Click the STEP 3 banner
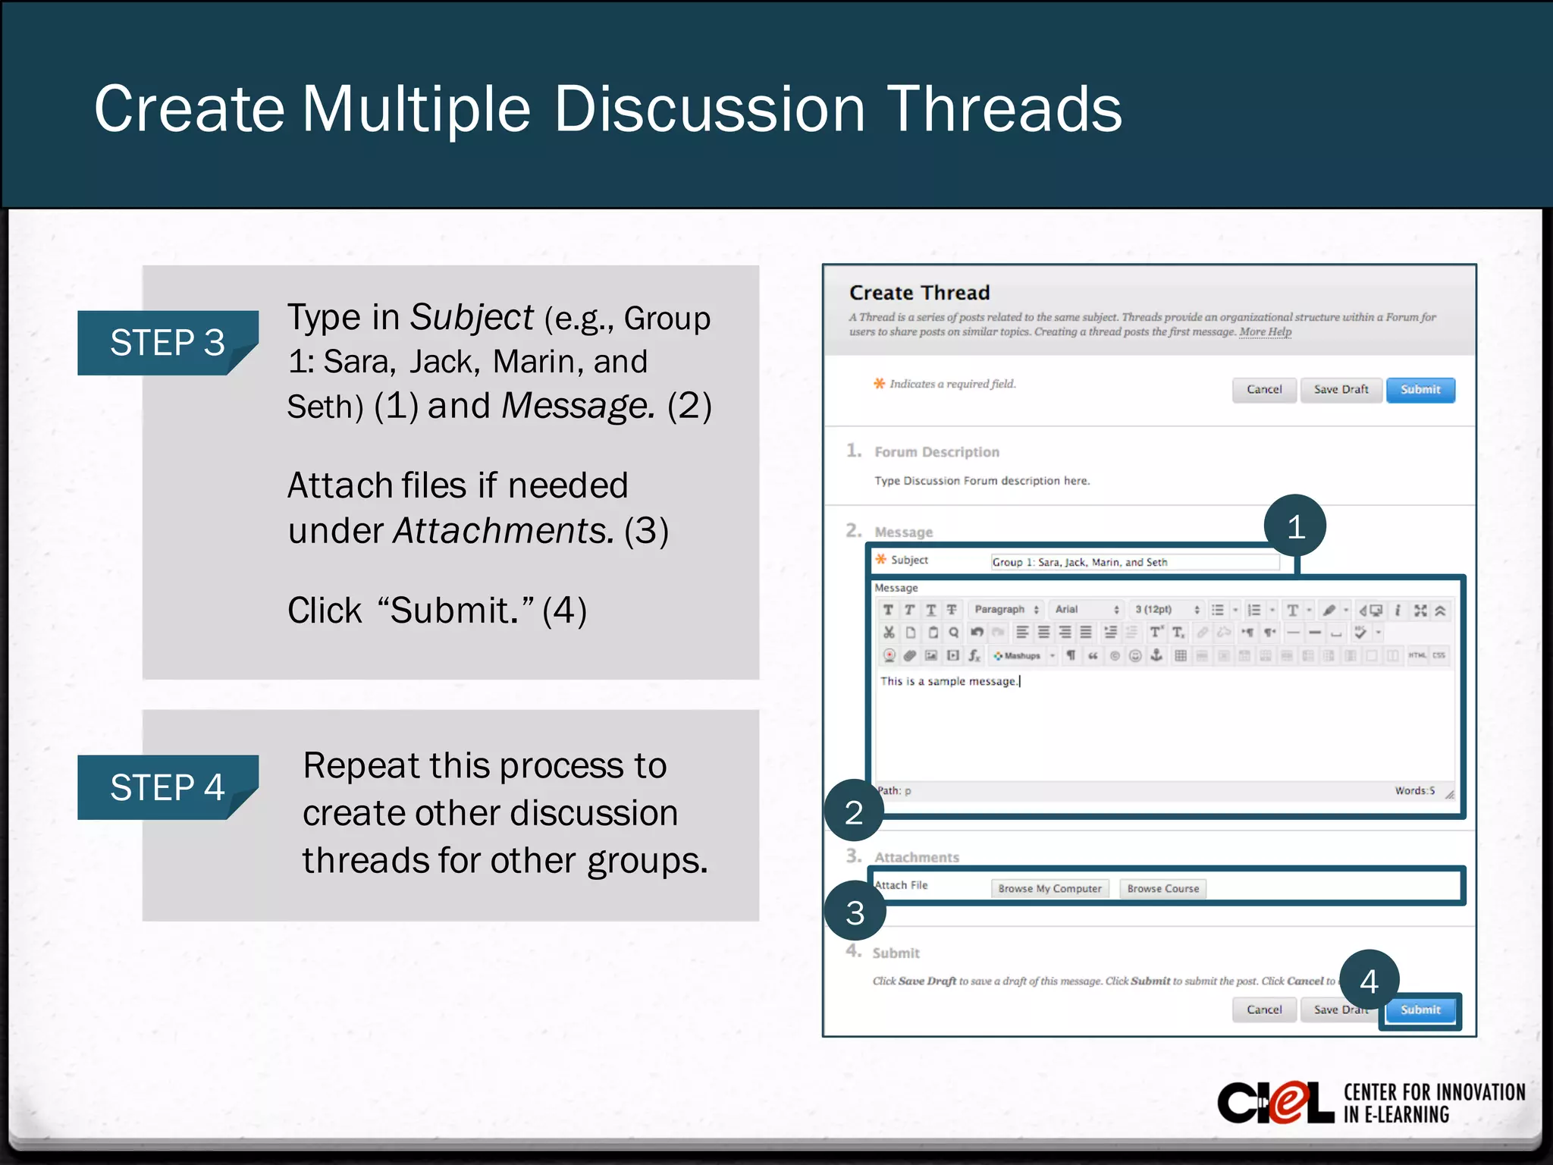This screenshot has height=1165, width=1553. [x=168, y=343]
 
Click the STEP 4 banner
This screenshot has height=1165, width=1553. [x=168, y=787]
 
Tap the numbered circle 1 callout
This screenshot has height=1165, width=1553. [x=1295, y=526]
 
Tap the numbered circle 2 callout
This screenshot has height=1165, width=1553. [x=854, y=812]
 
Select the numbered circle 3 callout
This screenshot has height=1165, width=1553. [x=855, y=912]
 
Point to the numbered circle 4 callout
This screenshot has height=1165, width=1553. [x=1369, y=981]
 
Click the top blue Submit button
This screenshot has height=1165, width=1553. [x=1420, y=390]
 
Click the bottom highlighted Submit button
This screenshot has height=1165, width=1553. [x=1420, y=1010]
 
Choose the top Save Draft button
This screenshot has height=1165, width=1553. [x=1341, y=390]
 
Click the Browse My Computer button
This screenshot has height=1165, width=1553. [x=1049, y=889]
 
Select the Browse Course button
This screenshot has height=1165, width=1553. [x=1162, y=889]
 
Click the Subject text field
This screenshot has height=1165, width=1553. [x=1134, y=562]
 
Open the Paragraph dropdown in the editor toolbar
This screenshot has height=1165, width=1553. [x=1006, y=610]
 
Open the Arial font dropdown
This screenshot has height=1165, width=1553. [x=1086, y=610]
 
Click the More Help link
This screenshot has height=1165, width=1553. [x=1265, y=332]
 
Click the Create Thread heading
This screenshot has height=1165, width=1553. [x=919, y=293]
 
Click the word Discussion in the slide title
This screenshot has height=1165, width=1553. [x=709, y=110]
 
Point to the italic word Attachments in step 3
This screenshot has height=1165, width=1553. [x=504, y=531]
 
